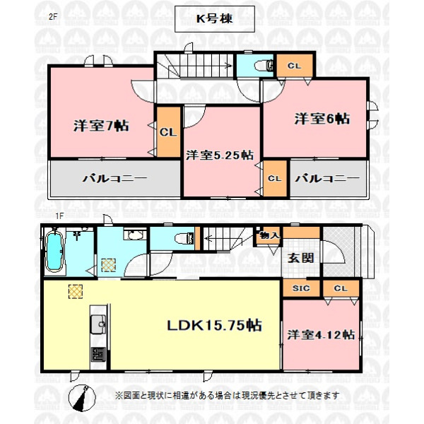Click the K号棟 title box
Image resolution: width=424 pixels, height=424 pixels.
click(214, 19)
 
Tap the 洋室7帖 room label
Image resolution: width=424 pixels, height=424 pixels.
click(101, 126)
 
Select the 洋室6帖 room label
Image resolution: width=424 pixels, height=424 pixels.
click(322, 119)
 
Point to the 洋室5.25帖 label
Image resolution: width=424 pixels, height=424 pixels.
click(220, 155)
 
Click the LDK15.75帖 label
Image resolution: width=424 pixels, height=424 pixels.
click(214, 325)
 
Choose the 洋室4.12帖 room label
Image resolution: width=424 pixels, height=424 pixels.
click(321, 335)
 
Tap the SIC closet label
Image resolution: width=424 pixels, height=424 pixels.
click(301, 288)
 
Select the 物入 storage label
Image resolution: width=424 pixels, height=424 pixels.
click(269, 235)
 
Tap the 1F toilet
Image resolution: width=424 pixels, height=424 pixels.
click(184, 239)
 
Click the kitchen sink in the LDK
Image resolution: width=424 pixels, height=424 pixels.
click(98, 324)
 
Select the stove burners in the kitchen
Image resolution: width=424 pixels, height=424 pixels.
click(98, 354)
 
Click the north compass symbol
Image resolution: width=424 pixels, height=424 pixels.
click(82, 398)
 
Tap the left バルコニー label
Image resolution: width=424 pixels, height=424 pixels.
click(115, 179)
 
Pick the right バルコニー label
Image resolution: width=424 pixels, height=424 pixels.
click(327, 179)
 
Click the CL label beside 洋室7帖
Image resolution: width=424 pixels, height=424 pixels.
click(168, 132)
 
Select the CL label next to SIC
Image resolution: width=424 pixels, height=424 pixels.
click(341, 288)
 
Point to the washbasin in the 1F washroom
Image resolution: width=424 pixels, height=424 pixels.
click(135, 235)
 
